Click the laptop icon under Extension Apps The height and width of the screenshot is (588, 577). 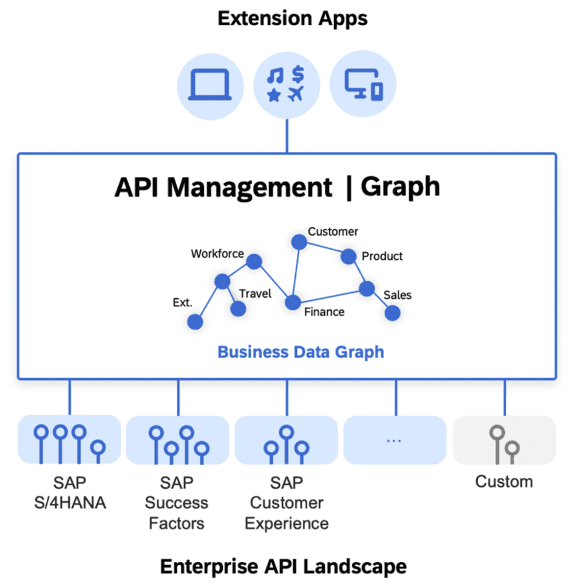[x=210, y=84]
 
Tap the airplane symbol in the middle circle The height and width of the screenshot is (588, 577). [x=295, y=94]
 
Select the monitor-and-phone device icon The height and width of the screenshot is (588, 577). [x=363, y=84]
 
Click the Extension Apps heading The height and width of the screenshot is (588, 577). [x=292, y=19]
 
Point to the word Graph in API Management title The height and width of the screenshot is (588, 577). [x=400, y=187]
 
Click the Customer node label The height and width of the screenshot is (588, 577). [x=332, y=231]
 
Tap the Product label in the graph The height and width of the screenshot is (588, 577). [x=382, y=256]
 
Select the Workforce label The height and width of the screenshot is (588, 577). [x=217, y=254]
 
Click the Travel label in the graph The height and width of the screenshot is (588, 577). [x=255, y=293]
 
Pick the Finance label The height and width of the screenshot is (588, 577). [x=324, y=311]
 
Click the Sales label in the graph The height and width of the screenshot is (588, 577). [x=397, y=295]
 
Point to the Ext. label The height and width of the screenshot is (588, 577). [x=182, y=302]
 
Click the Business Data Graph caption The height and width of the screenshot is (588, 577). [x=300, y=352]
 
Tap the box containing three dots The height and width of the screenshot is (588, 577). [x=394, y=440]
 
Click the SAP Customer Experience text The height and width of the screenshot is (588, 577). [x=286, y=503]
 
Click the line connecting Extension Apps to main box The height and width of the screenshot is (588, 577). [x=287, y=135]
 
